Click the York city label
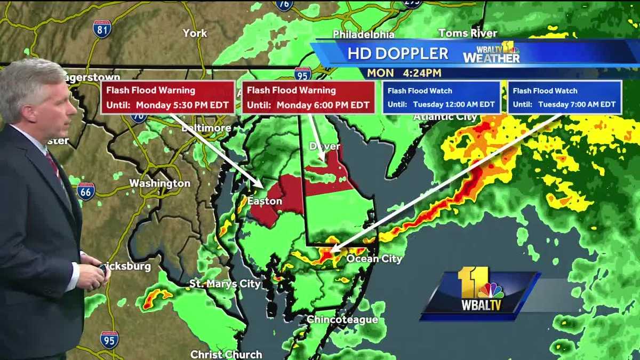tap(195, 33)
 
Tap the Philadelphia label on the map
tap(363, 34)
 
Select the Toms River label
tap(460, 33)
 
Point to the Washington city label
tap(159, 183)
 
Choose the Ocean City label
tap(374, 259)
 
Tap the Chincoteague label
tap(342, 319)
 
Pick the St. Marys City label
tap(225, 284)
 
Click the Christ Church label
tap(226, 354)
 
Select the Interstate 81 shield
tap(102, 29)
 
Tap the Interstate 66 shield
tap(86, 191)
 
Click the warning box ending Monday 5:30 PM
tap(168, 97)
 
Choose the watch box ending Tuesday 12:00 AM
tap(441, 97)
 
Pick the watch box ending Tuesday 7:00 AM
tap(564, 97)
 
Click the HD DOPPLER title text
tap(398, 53)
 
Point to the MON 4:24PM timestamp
tap(404, 73)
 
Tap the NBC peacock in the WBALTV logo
tap(491, 291)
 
